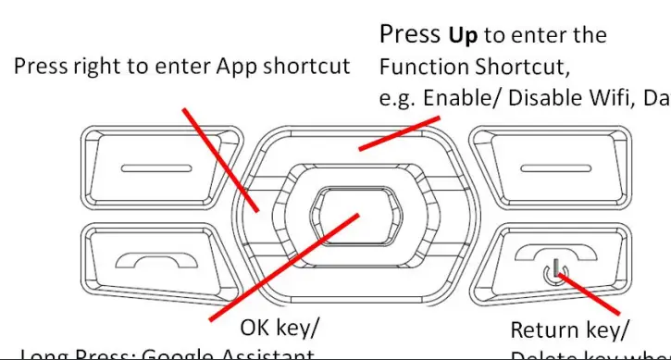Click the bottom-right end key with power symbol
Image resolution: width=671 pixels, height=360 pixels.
pos(553,264)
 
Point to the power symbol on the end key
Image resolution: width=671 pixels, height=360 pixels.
pos(553,272)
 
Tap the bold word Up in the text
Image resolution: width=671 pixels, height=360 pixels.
pos(464,36)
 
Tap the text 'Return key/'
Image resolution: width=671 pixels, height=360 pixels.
pos(570,329)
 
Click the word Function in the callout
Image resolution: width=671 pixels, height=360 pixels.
pos(423,68)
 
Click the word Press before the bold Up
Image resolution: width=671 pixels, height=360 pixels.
pos(411,35)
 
